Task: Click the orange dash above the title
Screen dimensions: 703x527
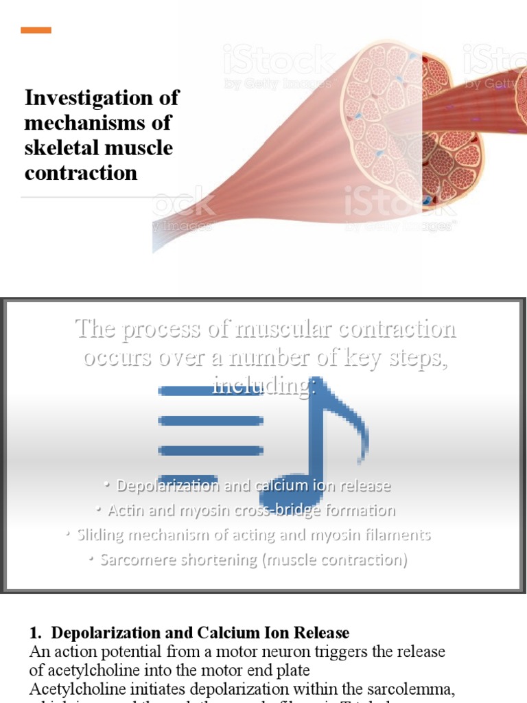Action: pos(36,30)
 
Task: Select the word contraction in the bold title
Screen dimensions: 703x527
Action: pos(81,172)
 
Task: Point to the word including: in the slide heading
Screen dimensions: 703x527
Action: pos(265,385)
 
